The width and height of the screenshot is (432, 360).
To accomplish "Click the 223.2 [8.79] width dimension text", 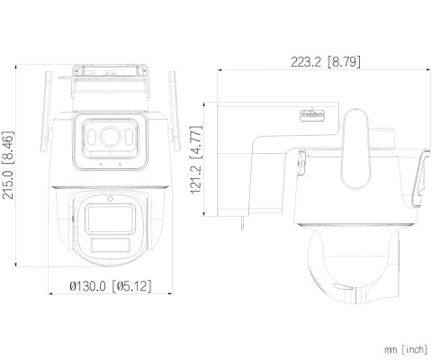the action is tap(326, 62).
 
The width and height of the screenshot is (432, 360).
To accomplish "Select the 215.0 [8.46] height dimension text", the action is tap(8, 166).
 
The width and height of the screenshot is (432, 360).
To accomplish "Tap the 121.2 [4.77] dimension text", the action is tap(196, 160).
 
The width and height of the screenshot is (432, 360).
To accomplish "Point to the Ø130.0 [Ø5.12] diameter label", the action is tap(111, 286).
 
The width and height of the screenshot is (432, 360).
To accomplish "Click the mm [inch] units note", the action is tap(406, 349).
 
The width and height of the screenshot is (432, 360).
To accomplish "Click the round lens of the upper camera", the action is tap(110, 137).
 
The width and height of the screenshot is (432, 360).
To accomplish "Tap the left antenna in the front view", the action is tap(46, 112).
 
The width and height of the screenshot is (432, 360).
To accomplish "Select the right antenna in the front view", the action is tap(174, 111).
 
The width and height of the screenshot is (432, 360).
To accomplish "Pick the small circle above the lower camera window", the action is tap(110, 199).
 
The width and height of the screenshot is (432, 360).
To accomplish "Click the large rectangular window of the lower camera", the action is tap(110, 219).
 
